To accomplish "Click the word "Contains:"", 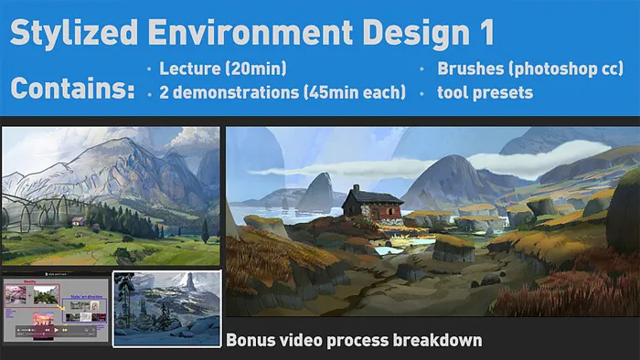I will (x=71, y=90).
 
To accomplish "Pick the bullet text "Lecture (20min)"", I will (x=222, y=69).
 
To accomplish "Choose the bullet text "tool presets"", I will (x=485, y=92).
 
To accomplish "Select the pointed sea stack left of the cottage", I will (x=315, y=192).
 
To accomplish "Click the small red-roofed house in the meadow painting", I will (x=80, y=221).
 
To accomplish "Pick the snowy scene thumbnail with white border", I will (x=166, y=308).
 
